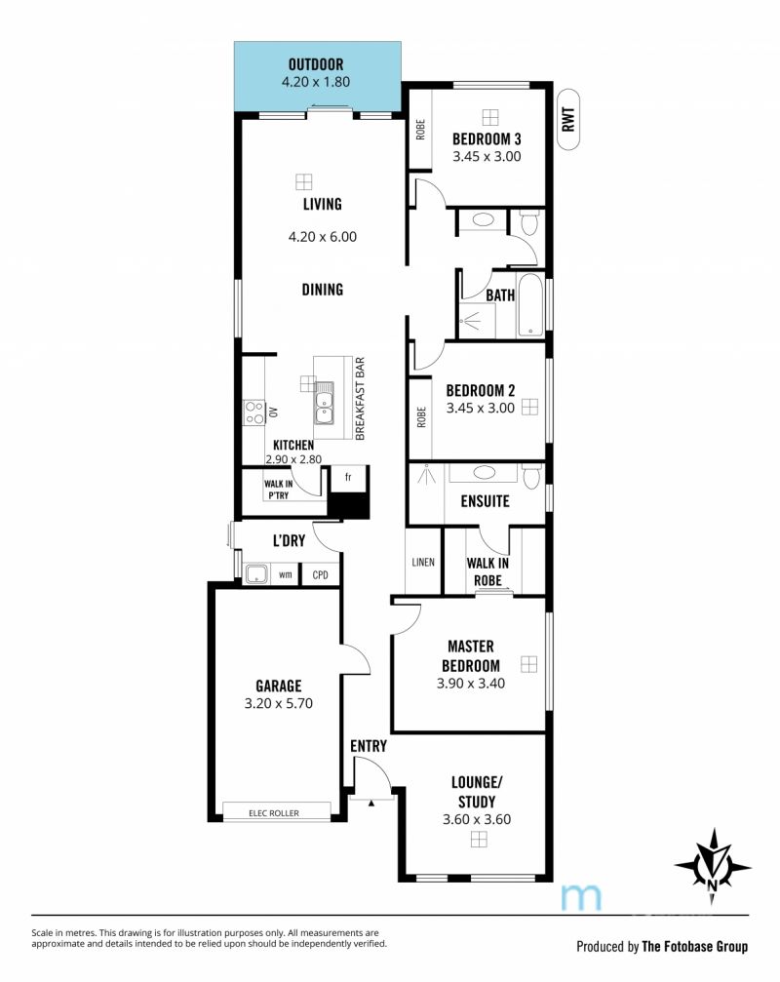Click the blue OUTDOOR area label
316,64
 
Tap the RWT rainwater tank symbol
567,120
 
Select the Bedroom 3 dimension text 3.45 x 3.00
487,157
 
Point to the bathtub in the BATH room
530,305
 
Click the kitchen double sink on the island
324,404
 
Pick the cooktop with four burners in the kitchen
254,412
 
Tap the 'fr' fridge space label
348,477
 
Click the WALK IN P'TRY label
278,490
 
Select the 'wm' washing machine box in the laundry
286,574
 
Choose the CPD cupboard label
320,574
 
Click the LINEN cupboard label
423,562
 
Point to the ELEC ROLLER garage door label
274,813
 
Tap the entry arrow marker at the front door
371,802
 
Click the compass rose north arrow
713,867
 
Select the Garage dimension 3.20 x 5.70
279,703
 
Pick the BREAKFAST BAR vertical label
360,398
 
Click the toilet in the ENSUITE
531,477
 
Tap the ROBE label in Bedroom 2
420,417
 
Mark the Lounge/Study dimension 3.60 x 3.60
477,819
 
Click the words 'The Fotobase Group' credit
695,946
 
